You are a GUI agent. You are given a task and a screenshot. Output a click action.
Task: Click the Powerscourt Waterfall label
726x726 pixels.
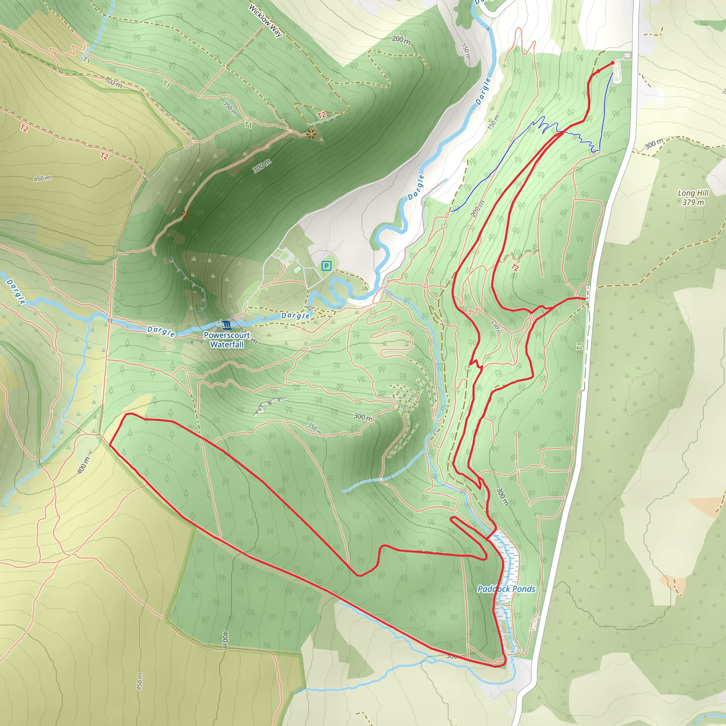click(227, 340)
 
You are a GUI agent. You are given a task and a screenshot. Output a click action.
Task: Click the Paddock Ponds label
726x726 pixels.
click(506, 589)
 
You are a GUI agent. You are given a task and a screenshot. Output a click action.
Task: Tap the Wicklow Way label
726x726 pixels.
click(265, 21)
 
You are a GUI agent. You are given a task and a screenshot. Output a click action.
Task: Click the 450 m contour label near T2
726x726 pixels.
click(42, 179)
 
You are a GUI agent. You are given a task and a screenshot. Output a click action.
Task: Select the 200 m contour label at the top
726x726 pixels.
click(401, 39)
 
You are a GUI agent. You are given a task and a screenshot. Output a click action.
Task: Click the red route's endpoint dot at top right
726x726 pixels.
click(613, 63)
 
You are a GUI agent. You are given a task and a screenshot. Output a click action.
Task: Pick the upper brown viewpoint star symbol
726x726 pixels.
click(311, 134)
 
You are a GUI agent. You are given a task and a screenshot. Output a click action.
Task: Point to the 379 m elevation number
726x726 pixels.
click(693, 202)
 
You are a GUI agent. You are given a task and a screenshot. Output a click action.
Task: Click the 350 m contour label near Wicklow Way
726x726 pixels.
click(230, 108)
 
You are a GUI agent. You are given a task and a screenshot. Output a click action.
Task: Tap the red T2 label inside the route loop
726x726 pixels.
click(515, 268)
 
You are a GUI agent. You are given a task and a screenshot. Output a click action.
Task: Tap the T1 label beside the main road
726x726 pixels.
click(580, 346)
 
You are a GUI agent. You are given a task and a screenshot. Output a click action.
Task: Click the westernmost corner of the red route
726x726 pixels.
click(110, 444)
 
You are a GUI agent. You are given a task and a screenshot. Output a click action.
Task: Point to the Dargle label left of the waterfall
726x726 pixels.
click(161, 331)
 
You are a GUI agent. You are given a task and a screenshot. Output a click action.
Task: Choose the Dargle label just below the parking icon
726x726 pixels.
click(296, 315)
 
